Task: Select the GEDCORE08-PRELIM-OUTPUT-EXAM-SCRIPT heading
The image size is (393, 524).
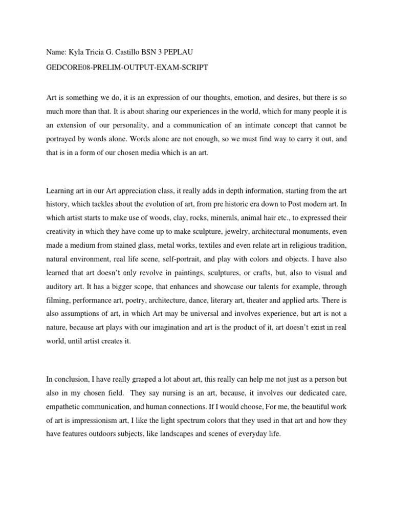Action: click(127, 68)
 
